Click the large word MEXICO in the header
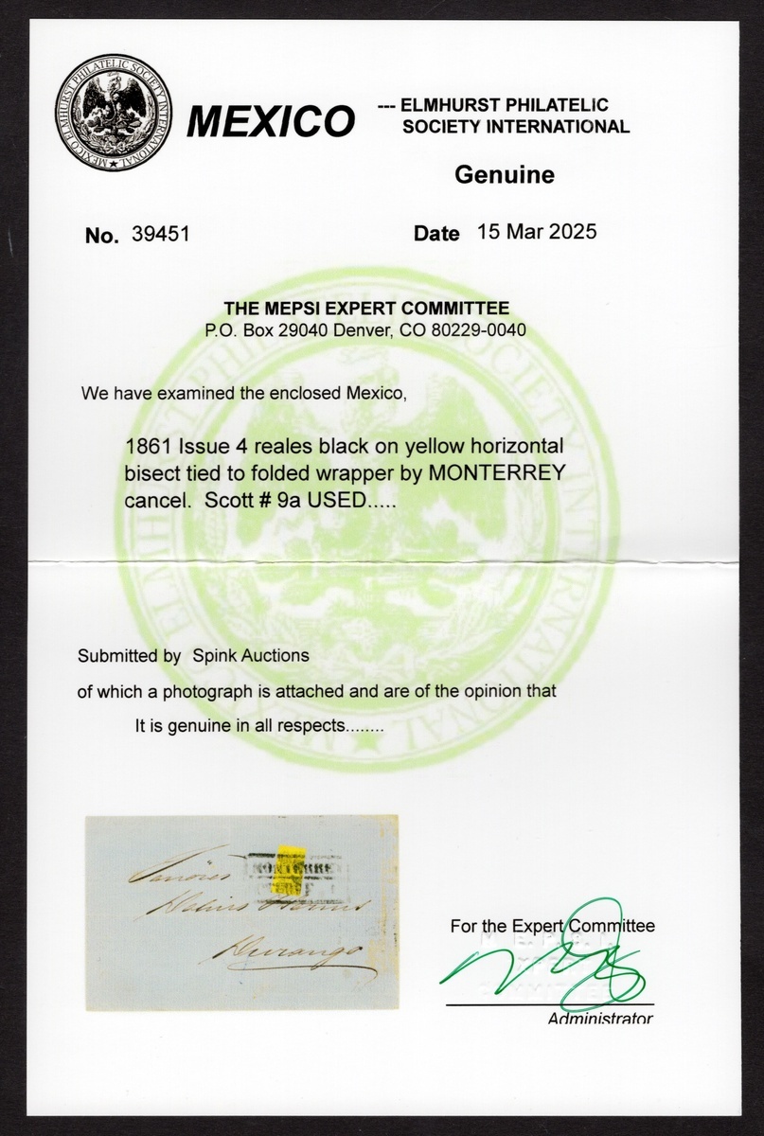(271, 121)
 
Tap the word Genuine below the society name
(505, 174)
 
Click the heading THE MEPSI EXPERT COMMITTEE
(366, 308)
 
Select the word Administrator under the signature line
(599, 1019)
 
